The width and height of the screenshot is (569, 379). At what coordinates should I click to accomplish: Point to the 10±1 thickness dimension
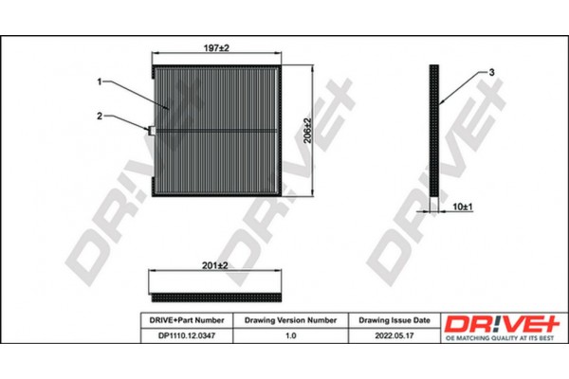pos(463,206)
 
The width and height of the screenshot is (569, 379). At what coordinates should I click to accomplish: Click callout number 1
pos(99,81)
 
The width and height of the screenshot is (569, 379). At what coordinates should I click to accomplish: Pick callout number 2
pos(99,117)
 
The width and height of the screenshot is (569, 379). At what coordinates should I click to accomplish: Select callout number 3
pos(492,72)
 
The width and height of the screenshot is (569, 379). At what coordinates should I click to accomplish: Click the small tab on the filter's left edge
pos(149,130)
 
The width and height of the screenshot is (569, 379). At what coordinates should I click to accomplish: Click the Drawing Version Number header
pos(290,322)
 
